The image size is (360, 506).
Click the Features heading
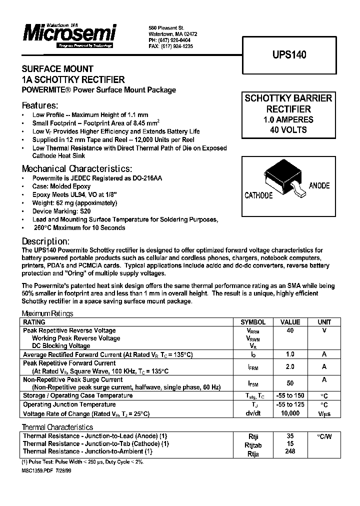click(x=40, y=106)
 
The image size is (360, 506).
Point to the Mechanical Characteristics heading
click(x=77, y=168)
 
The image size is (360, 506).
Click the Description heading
click(x=45, y=241)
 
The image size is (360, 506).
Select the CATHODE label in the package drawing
click(x=258, y=195)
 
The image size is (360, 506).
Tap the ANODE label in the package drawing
click(x=319, y=185)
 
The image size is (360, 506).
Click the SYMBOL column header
click(x=253, y=322)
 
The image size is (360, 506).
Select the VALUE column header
click(x=290, y=322)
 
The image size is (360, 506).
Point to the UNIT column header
click(x=324, y=322)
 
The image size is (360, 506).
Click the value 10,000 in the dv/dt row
click(x=290, y=413)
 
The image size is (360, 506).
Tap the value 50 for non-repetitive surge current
click(x=290, y=383)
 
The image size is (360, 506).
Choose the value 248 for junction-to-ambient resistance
click(x=290, y=451)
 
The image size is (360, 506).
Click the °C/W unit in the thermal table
click(x=324, y=436)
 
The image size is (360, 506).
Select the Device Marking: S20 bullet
click(x=61, y=211)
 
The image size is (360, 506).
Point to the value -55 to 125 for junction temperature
click(x=290, y=405)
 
